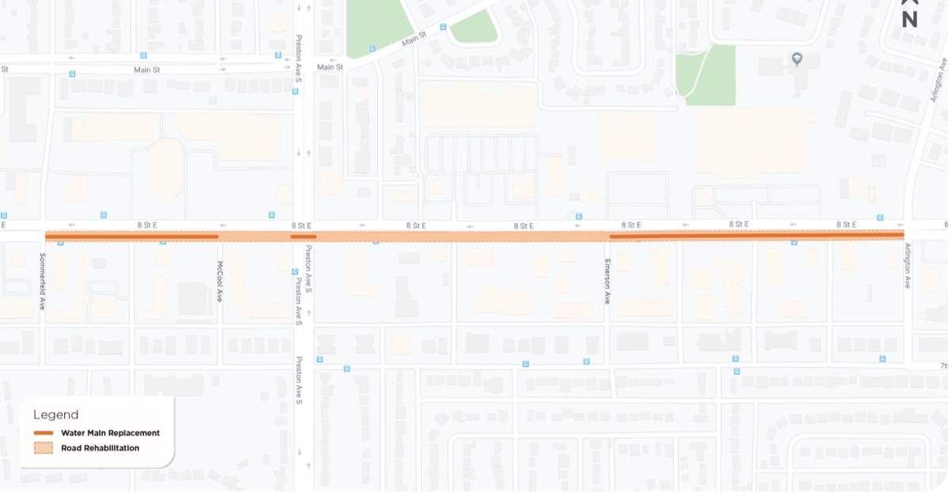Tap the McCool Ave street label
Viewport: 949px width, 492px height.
click(x=220, y=282)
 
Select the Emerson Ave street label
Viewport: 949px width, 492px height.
click(x=607, y=282)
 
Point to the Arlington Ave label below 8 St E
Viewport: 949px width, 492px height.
click(x=907, y=266)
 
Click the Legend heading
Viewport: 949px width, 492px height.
click(x=55, y=414)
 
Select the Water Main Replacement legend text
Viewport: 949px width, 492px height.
click(x=110, y=433)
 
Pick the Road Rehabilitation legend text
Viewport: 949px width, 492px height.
click(x=100, y=448)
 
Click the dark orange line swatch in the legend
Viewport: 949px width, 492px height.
click(x=43, y=433)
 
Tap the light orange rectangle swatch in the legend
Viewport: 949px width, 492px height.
click(x=43, y=448)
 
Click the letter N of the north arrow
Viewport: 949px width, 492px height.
click(x=909, y=21)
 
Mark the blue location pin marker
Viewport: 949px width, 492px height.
click(x=797, y=59)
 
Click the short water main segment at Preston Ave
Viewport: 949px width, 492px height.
click(x=303, y=236)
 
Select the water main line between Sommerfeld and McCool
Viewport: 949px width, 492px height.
click(x=131, y=236)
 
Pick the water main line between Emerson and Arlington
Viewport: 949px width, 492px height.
click(x=756, y=236)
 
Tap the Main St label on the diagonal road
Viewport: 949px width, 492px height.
click(x=414, y=36)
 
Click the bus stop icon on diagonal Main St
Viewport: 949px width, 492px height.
click(x=443, y=27)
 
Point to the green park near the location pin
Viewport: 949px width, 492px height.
click(x=707, y=75)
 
